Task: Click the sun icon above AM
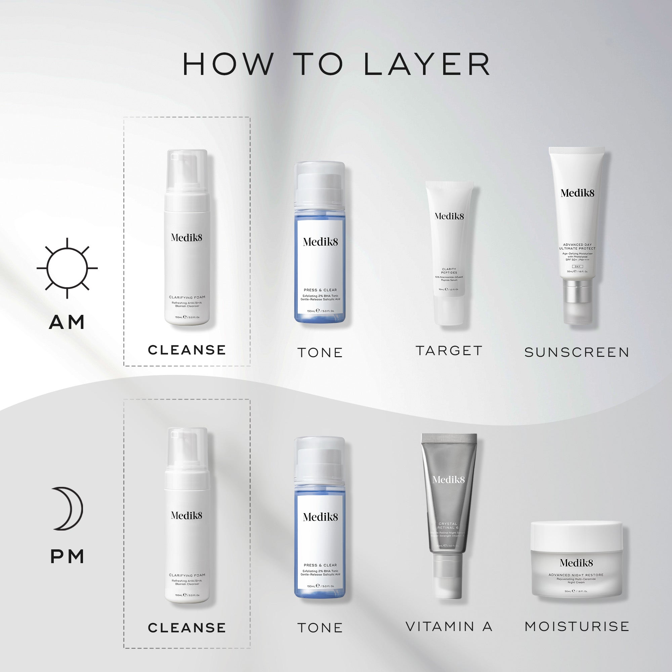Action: (67, 268)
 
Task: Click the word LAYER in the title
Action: (427, 65)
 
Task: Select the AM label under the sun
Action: (67, 322)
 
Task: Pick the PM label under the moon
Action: (68, 557)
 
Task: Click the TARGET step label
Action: (449, 350)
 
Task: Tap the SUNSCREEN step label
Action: (577, 352)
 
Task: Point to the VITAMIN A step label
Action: (449, 626)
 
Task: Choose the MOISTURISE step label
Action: (577, 626)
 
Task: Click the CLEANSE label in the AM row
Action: (187, 350)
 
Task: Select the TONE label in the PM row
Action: (320, 628)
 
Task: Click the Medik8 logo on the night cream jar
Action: (576, 563)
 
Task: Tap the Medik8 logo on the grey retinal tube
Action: (448, 480)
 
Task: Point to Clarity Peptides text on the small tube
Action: (449, 270)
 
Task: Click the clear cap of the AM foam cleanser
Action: (187, 170)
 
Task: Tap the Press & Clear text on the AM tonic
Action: (320, 290)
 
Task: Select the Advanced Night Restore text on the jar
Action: (576, 575)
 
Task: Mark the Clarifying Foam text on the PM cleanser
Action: (187, 575)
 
